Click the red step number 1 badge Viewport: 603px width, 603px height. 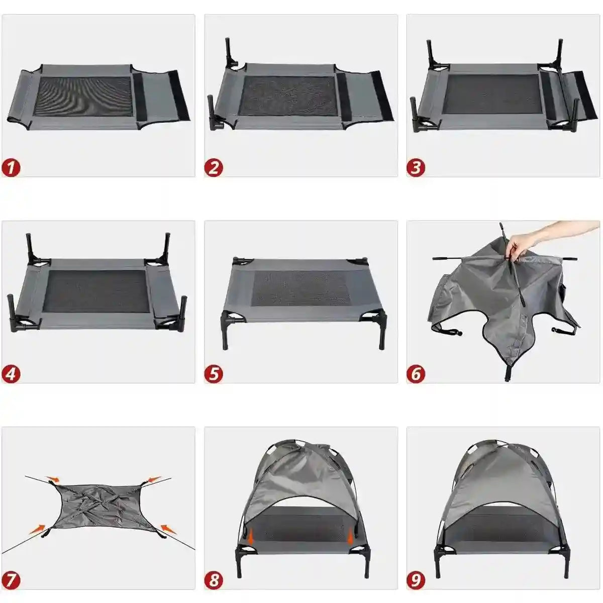(x=11, y=167)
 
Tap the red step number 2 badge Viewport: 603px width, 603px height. (x=214, y=167)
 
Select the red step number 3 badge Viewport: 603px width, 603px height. (x=416, y=167)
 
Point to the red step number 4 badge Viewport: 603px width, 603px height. (x=11, y=374)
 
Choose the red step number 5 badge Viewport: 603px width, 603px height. (x=214, y=374)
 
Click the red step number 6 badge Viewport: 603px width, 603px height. (x=416, y=374)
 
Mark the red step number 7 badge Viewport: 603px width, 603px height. (x=11, y=580)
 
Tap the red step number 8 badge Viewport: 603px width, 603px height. (x=214, y=580)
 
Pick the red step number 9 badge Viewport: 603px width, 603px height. (x=416, y=580)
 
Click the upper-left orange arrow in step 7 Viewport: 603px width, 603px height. (x=52, y=479)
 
